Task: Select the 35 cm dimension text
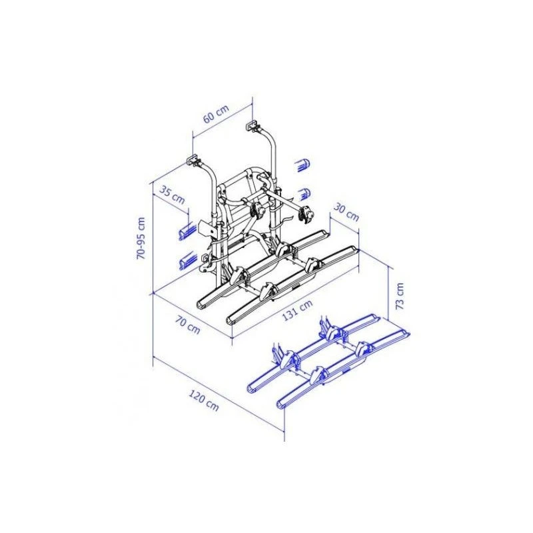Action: [x=172, y=196]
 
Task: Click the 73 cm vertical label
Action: [x=399, y=295]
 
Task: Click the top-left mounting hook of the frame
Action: [x=192, y=160]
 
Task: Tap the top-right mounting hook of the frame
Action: [x=255, y=124]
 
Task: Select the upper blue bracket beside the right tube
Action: [x=303, y=164]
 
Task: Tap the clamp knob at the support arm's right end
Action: [x=306, y=215]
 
